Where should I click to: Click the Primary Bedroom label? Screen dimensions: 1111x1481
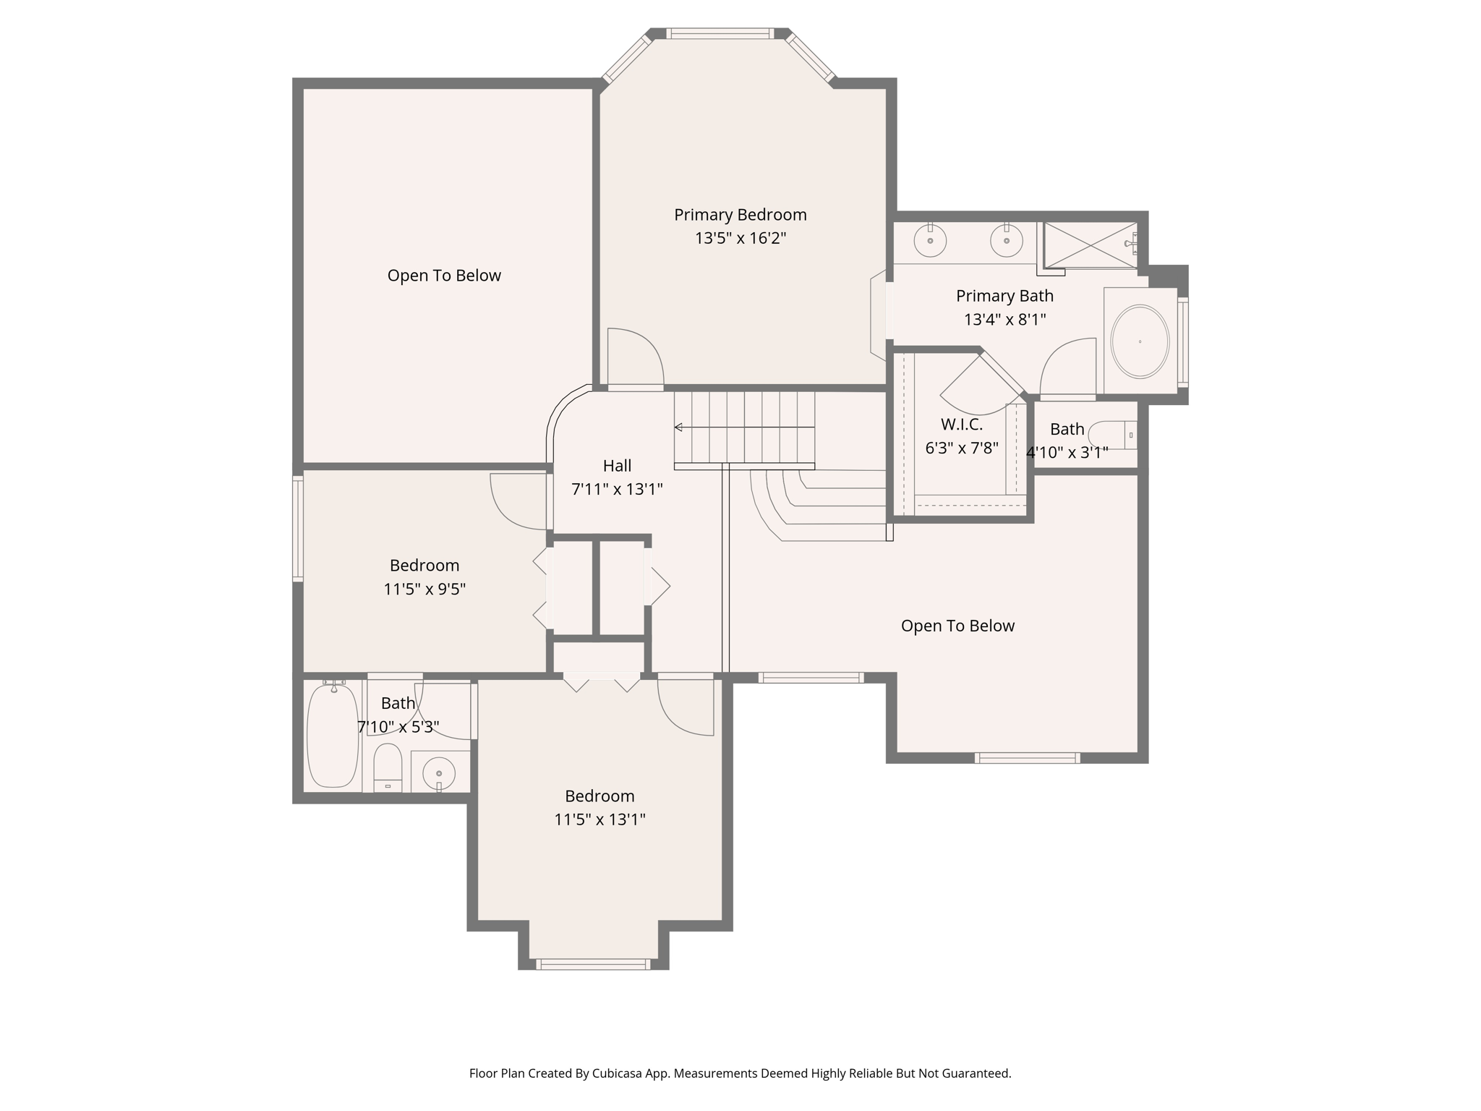740,215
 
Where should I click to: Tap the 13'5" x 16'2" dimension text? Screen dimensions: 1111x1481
740,238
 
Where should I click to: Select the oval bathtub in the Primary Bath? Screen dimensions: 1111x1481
1139,341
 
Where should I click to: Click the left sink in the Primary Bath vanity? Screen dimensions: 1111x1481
930,240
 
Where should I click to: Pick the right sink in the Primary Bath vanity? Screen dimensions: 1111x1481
1006,240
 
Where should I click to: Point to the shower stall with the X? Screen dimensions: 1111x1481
1090,245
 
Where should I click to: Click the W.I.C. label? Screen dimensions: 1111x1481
961,425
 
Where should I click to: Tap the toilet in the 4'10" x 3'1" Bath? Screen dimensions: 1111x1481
1110,435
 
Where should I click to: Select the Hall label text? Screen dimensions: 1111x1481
617,466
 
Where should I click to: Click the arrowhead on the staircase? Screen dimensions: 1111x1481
678,427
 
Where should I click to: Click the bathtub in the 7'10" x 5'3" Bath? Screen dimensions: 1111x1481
333,736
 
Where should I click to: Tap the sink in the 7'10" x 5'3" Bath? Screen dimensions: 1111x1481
438,773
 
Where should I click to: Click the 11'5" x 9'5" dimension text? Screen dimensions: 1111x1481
424,589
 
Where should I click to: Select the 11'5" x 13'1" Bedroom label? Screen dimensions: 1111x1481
599,796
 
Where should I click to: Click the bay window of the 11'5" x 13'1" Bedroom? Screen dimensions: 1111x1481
593,964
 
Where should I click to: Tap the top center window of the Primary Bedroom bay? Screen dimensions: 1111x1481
720,33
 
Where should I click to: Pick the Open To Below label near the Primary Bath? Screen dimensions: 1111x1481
957,626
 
